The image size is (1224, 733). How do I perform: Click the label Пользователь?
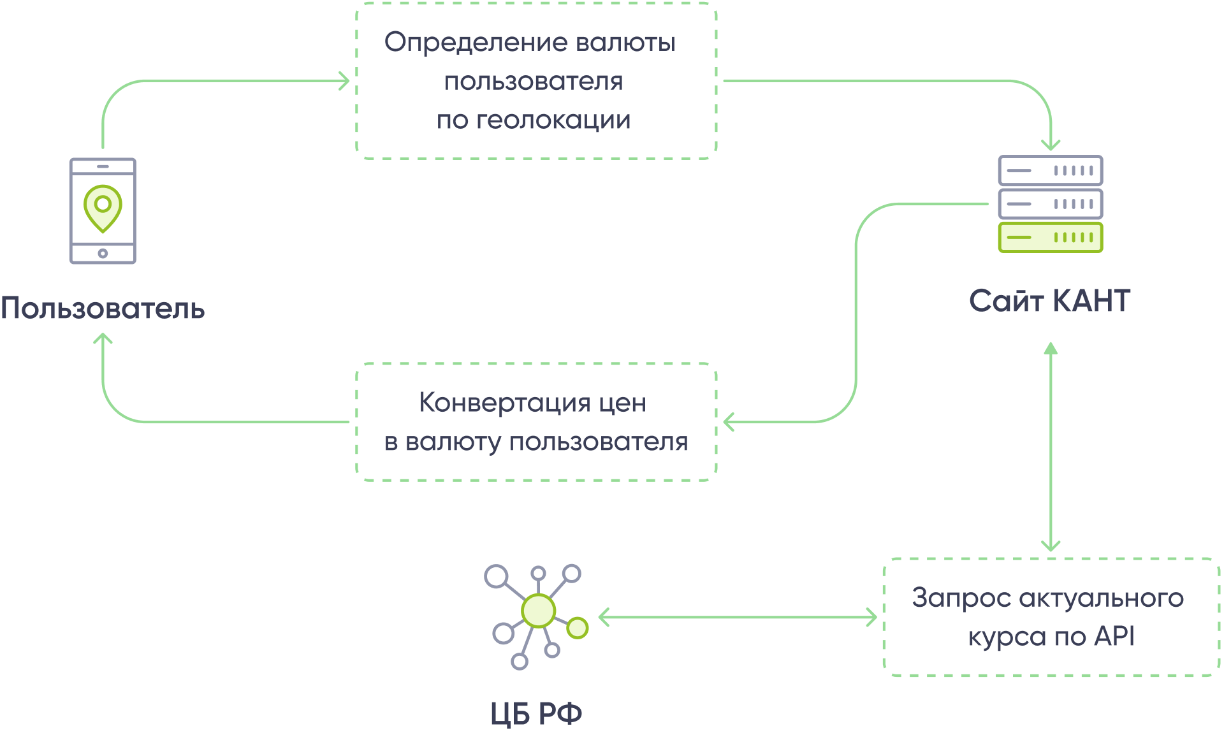pyautogui.click(x=103, y=308)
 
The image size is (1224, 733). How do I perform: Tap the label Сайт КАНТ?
pyautogui.click(x=1049, y=301)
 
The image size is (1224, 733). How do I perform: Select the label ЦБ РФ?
pyautogui.click(x=536, y=713)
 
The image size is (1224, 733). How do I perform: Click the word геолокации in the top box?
pyautogui.click(x=553, y=120)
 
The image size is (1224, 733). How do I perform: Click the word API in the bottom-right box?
pyautogui.click(x=1114, y=636)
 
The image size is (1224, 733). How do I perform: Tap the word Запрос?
pyautogui.click(x=961, y=598)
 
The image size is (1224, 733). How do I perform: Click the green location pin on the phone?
pyautogui.click(x=103, y=207)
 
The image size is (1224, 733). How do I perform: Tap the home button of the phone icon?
pyautogui.click(x=103, y=254)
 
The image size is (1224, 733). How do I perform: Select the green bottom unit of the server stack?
pyautogui.click(x=1050, y=238)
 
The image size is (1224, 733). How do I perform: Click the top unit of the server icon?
pyautogui.click(x=1050, y=171)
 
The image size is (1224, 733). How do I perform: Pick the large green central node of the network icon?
pyautogui.click(x=539, y=611)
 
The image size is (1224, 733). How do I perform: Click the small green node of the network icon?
pyautogui.click(x=578, y=628)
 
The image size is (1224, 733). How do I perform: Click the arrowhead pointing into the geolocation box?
pyautogui.click(x=345, y=81)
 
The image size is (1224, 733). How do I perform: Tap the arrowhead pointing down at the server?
pyautogui.click(x=1051, y=145)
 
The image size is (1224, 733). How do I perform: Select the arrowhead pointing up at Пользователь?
pyautogui.click(x=103, y=338)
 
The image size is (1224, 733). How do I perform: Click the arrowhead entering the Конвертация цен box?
pyautogui.click(x=729, y=421)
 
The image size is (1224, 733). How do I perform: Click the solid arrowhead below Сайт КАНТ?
pyautogui.click(x=1051, y=349)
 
